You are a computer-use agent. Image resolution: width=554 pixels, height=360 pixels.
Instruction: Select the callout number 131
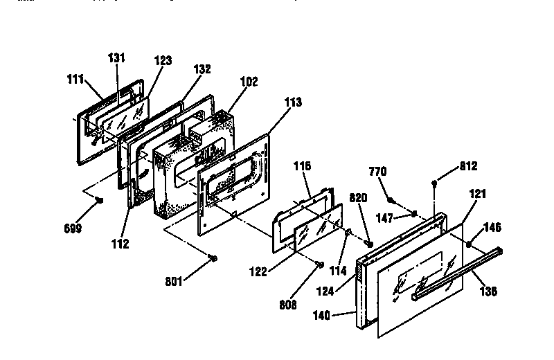(117, 58)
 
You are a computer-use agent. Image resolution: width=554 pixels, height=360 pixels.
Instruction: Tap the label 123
(163, 61)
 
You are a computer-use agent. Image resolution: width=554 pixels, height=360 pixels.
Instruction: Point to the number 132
(202, 69)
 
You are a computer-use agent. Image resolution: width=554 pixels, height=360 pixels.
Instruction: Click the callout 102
(248, 81)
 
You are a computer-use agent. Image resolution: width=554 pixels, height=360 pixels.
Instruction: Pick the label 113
(293, 101)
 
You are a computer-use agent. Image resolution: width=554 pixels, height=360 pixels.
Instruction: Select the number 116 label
(303, 166)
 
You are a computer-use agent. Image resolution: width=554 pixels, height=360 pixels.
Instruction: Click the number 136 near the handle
(488, 291)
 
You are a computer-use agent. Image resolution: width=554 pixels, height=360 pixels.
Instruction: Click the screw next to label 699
(100, 201)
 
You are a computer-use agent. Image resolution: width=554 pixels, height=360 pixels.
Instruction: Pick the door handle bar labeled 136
(457, 273)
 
